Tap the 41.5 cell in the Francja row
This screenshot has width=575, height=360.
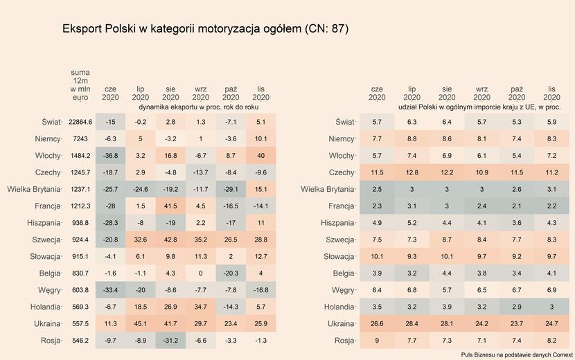(x=170, y=206)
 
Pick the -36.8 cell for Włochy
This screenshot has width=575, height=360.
(x=110, y=155)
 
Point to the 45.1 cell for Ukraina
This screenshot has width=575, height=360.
(x=141, y=323)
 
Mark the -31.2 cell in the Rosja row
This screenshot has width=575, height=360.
(x=170, y=341)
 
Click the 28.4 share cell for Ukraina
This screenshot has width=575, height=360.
(x=412, y=323)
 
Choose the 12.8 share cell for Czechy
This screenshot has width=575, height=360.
(x=412, y=172)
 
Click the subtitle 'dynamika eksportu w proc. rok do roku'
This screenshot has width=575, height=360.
(x=199, y=108)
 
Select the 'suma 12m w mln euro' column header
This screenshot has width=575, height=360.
(x=80, y=85)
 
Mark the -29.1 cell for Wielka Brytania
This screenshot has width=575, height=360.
(x=231, y=189)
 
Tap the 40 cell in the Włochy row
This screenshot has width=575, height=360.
(x=261, y=155)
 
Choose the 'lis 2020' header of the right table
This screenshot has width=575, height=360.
(x=551, y=93)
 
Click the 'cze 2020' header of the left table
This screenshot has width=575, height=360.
(x=110, y=93)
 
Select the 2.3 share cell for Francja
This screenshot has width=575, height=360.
(x=377, y=206)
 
